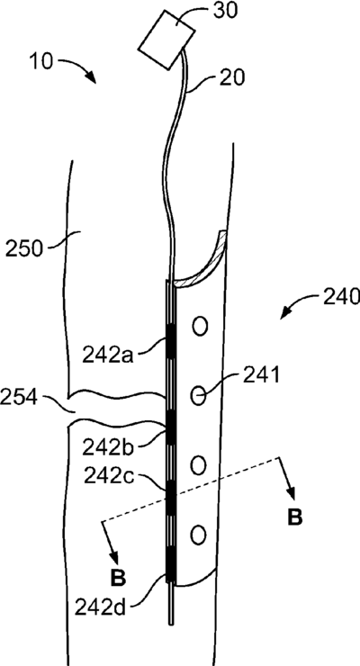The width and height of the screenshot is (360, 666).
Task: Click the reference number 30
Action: (225, 11)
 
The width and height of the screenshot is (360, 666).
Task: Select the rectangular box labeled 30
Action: (167, 39)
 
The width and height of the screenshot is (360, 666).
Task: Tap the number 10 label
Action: (40, 62)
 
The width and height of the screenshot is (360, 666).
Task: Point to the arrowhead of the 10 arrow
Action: (91, 77)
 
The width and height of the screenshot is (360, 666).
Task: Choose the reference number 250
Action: (24, 249)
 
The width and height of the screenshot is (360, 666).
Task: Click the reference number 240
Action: (341, 296)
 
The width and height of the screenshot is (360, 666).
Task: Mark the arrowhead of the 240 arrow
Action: (285, 314)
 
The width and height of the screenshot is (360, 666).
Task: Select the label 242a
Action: (108, 355)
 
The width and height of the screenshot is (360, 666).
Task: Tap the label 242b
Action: (108, 446)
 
